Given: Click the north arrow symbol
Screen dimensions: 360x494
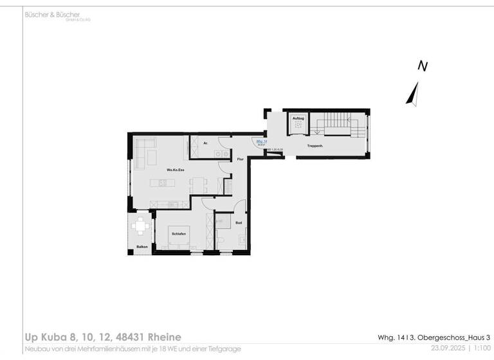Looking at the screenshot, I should click(x=413, y=93).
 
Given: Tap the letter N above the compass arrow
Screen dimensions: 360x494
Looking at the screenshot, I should click(x=423, y=66).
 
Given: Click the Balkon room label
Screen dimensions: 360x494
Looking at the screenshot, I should click(x=142, y=247).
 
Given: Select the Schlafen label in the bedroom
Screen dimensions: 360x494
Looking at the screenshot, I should click(x=179, y=234).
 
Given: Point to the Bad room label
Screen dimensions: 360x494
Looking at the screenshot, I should click(x=238, y=222).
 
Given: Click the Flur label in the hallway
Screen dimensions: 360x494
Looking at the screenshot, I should click(x=239, y=159).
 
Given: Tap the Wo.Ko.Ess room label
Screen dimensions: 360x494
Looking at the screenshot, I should click(x=176, y=170).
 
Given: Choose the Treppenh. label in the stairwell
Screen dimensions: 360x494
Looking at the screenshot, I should click(x=315, y=146).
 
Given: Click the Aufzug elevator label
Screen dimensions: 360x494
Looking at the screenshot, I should click(x=298, y=118).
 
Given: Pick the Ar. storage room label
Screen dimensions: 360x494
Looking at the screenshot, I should click(x=205, y=143).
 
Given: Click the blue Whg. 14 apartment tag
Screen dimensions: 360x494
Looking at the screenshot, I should click(x=261, y=141).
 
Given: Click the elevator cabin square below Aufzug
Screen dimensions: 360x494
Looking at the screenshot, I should click(x=298, y=127).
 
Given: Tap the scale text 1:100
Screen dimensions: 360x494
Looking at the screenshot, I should click(x=482, y=348).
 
